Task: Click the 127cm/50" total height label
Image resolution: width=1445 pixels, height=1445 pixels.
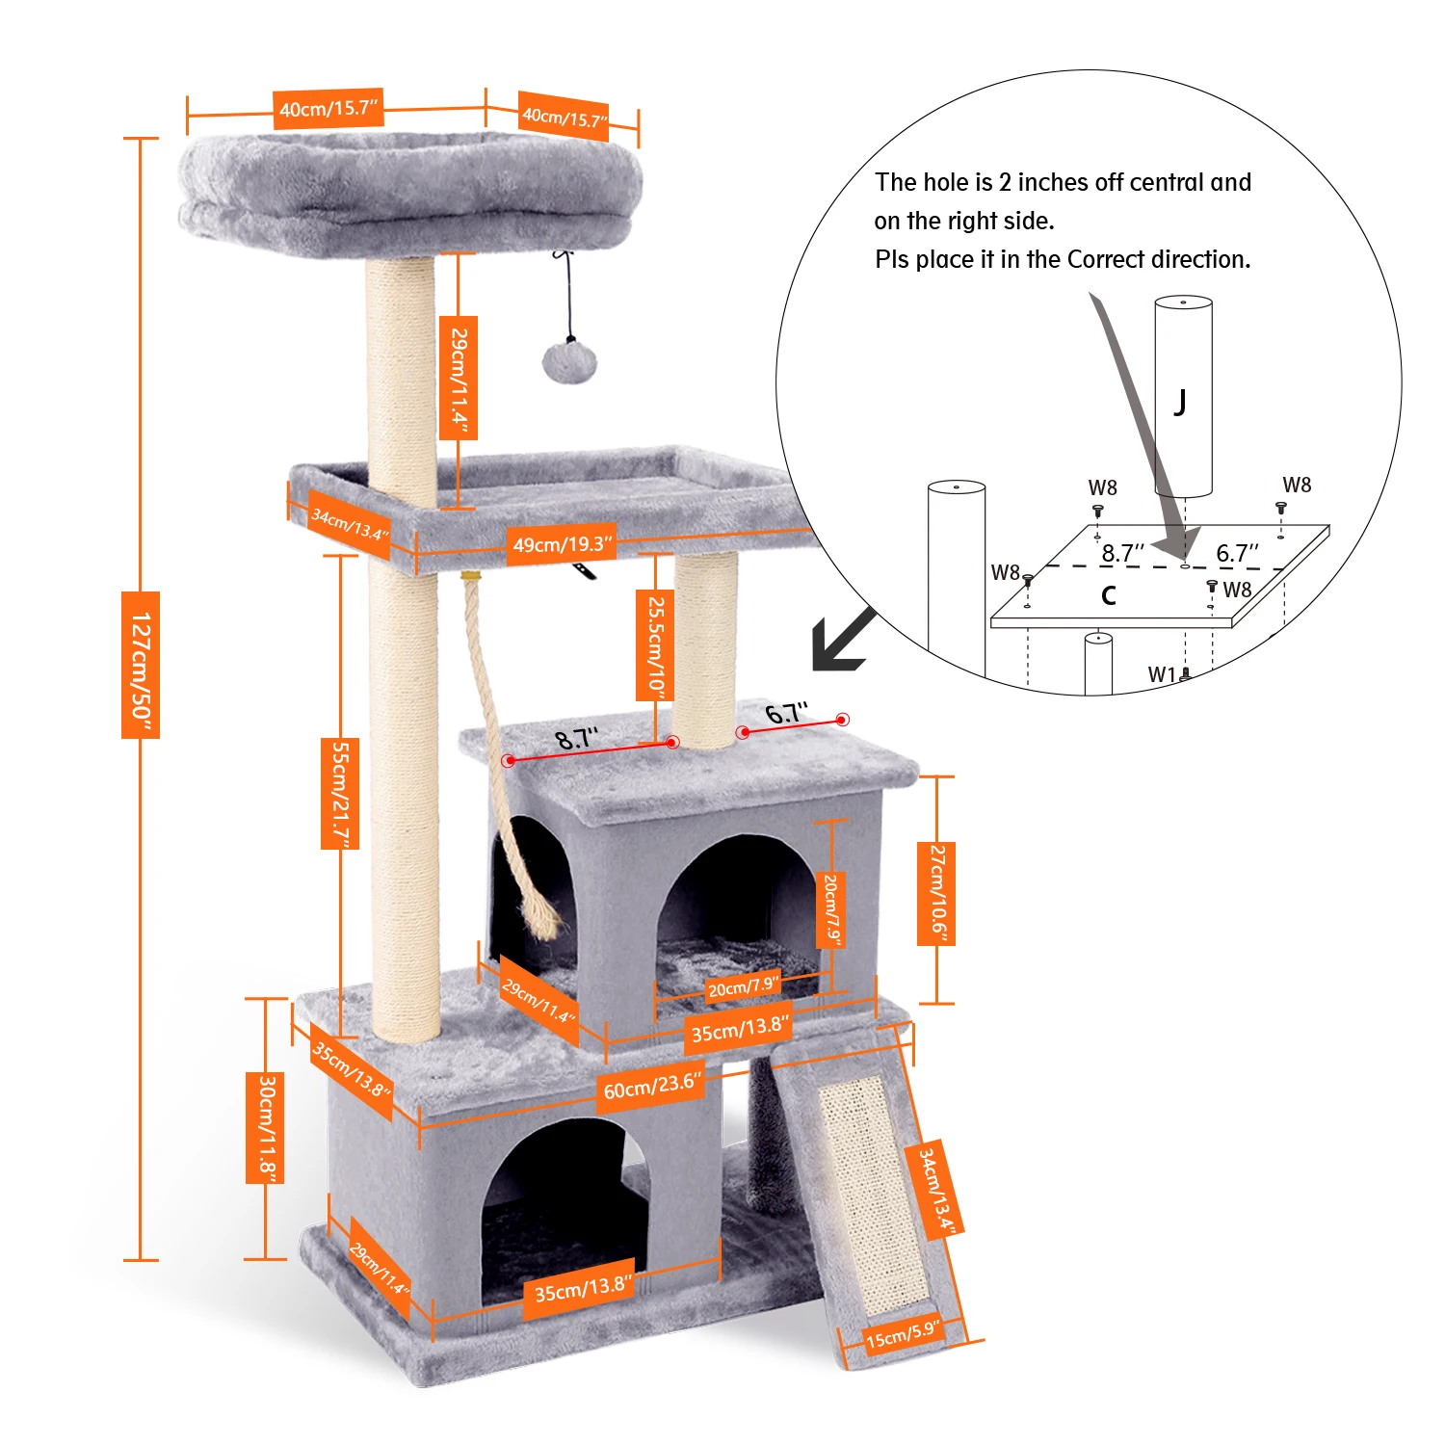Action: click(x=140, y=665)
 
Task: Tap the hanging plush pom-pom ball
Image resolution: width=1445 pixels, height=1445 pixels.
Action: click(x=569, y=362)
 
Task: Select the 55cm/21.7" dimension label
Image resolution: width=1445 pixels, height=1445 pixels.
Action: click(x=340, y=794)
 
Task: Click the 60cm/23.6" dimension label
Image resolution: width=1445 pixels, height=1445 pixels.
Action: click(x=649, y=1086)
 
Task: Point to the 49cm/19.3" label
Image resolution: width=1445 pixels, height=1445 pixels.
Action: click(x=562, y=544)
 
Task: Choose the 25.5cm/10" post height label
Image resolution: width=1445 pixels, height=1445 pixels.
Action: click(x=654, y=645)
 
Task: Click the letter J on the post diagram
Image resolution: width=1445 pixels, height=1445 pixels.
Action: click(x=1180, y=400)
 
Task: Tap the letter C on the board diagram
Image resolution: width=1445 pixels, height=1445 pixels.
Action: click(x=1109, y=594)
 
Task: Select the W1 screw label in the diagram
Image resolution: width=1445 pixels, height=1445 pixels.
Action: click(x=1162, y=674)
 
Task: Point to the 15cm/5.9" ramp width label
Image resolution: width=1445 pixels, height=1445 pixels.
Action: click(x=902, y=1335)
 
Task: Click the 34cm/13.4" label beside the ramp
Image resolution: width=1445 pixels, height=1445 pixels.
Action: click(x=934, y=1190)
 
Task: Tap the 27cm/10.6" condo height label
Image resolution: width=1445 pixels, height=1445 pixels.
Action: click(x=936, y=893)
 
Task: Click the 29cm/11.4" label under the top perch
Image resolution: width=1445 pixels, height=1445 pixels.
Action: click(x=459, y=381)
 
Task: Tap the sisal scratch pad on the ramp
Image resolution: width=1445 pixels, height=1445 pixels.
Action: click(x=873, y=1195)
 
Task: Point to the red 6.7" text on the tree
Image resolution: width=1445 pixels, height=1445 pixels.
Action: click(x=786, y=714)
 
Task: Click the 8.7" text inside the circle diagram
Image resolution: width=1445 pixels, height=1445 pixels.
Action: click(x=1122, y=553)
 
